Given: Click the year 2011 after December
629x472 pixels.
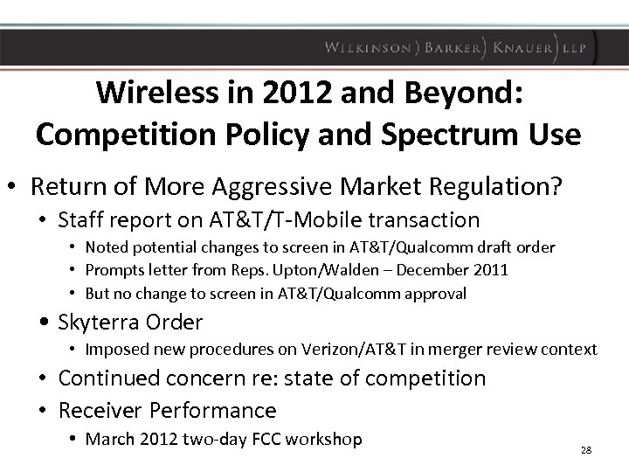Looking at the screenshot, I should tap(490, 270).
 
